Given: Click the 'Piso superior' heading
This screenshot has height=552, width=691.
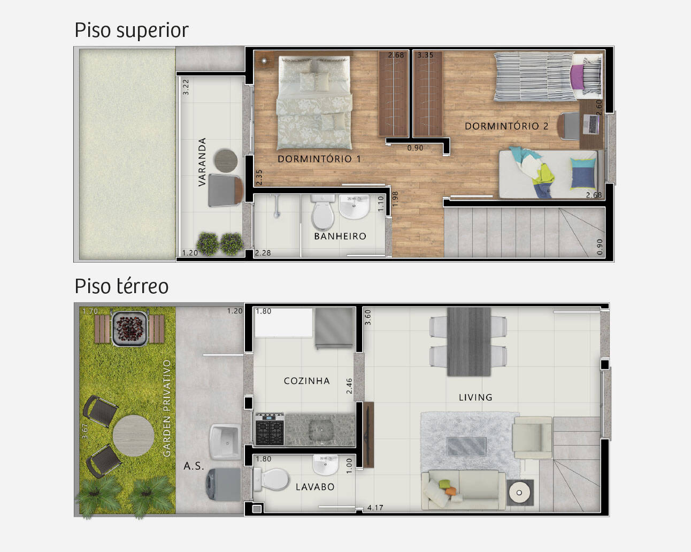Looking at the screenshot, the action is click(132, 31).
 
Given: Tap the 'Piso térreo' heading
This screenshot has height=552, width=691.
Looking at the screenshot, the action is click(121, 286).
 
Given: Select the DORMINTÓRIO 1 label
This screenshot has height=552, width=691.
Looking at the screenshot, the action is click(319, 159).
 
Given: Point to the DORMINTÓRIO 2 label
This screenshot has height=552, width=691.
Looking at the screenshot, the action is click(506, 126).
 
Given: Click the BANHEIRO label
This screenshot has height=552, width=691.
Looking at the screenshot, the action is click(340, 236).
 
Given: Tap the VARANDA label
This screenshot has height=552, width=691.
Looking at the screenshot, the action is click(202, 162).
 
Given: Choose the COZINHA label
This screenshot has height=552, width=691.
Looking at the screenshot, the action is click(306, 381).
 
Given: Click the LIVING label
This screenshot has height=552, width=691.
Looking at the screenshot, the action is click(475, 397).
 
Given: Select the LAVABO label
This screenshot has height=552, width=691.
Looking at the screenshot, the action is click(315, 487).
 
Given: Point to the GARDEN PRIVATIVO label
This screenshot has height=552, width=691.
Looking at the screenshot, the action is click(167, 408).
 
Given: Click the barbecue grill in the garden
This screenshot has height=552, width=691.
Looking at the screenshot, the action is click(130, 328).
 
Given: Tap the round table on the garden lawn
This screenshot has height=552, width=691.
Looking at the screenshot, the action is click(133, 436).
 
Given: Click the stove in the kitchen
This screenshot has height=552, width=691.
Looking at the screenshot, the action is click(270, 429).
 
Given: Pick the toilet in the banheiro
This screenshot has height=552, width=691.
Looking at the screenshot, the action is click(323, 212).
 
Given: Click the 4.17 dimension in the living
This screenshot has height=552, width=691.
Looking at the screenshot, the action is click(375, 508).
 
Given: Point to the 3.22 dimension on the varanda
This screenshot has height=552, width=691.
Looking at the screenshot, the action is click(186, 87).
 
